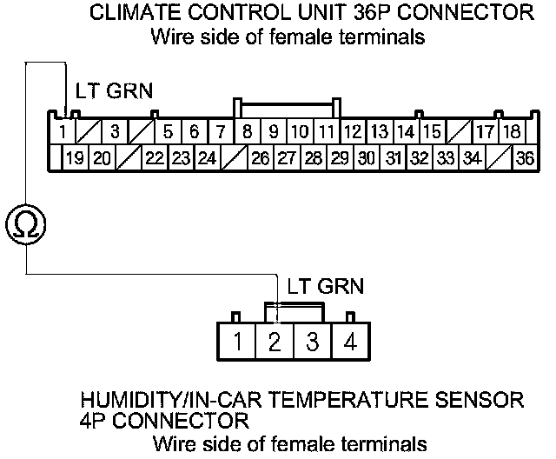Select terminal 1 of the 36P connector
coord(63,132)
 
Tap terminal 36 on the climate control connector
coord(524,158)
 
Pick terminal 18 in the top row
coord(512,132)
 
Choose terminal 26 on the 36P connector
coord(260,158)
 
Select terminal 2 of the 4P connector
coord(275,342)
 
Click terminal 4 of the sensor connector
coord(349,342)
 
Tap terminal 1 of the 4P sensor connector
coord(237,342)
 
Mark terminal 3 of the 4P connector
coord(312,342)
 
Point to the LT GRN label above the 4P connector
coord(321,285)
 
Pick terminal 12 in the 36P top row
coord(352,132)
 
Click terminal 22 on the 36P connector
coord(155,158)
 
